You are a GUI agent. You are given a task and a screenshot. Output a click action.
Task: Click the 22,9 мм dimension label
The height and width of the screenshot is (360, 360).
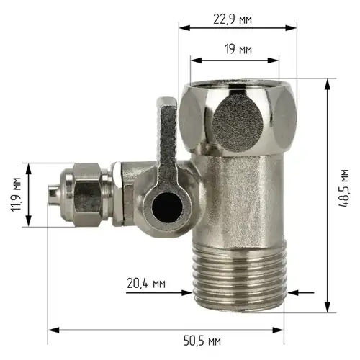(233, 19)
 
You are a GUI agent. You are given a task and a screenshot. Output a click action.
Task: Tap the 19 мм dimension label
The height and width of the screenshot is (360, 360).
(238, 49)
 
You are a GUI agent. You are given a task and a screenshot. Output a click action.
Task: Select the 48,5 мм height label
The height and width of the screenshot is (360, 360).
(343, 188)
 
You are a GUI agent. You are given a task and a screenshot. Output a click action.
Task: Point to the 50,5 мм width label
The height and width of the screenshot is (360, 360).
(202, 341)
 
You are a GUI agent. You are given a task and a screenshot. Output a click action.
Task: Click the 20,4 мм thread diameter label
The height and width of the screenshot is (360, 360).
(146, 283)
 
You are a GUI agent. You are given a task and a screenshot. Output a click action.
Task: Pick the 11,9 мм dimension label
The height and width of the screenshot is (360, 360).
(16, 194)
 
